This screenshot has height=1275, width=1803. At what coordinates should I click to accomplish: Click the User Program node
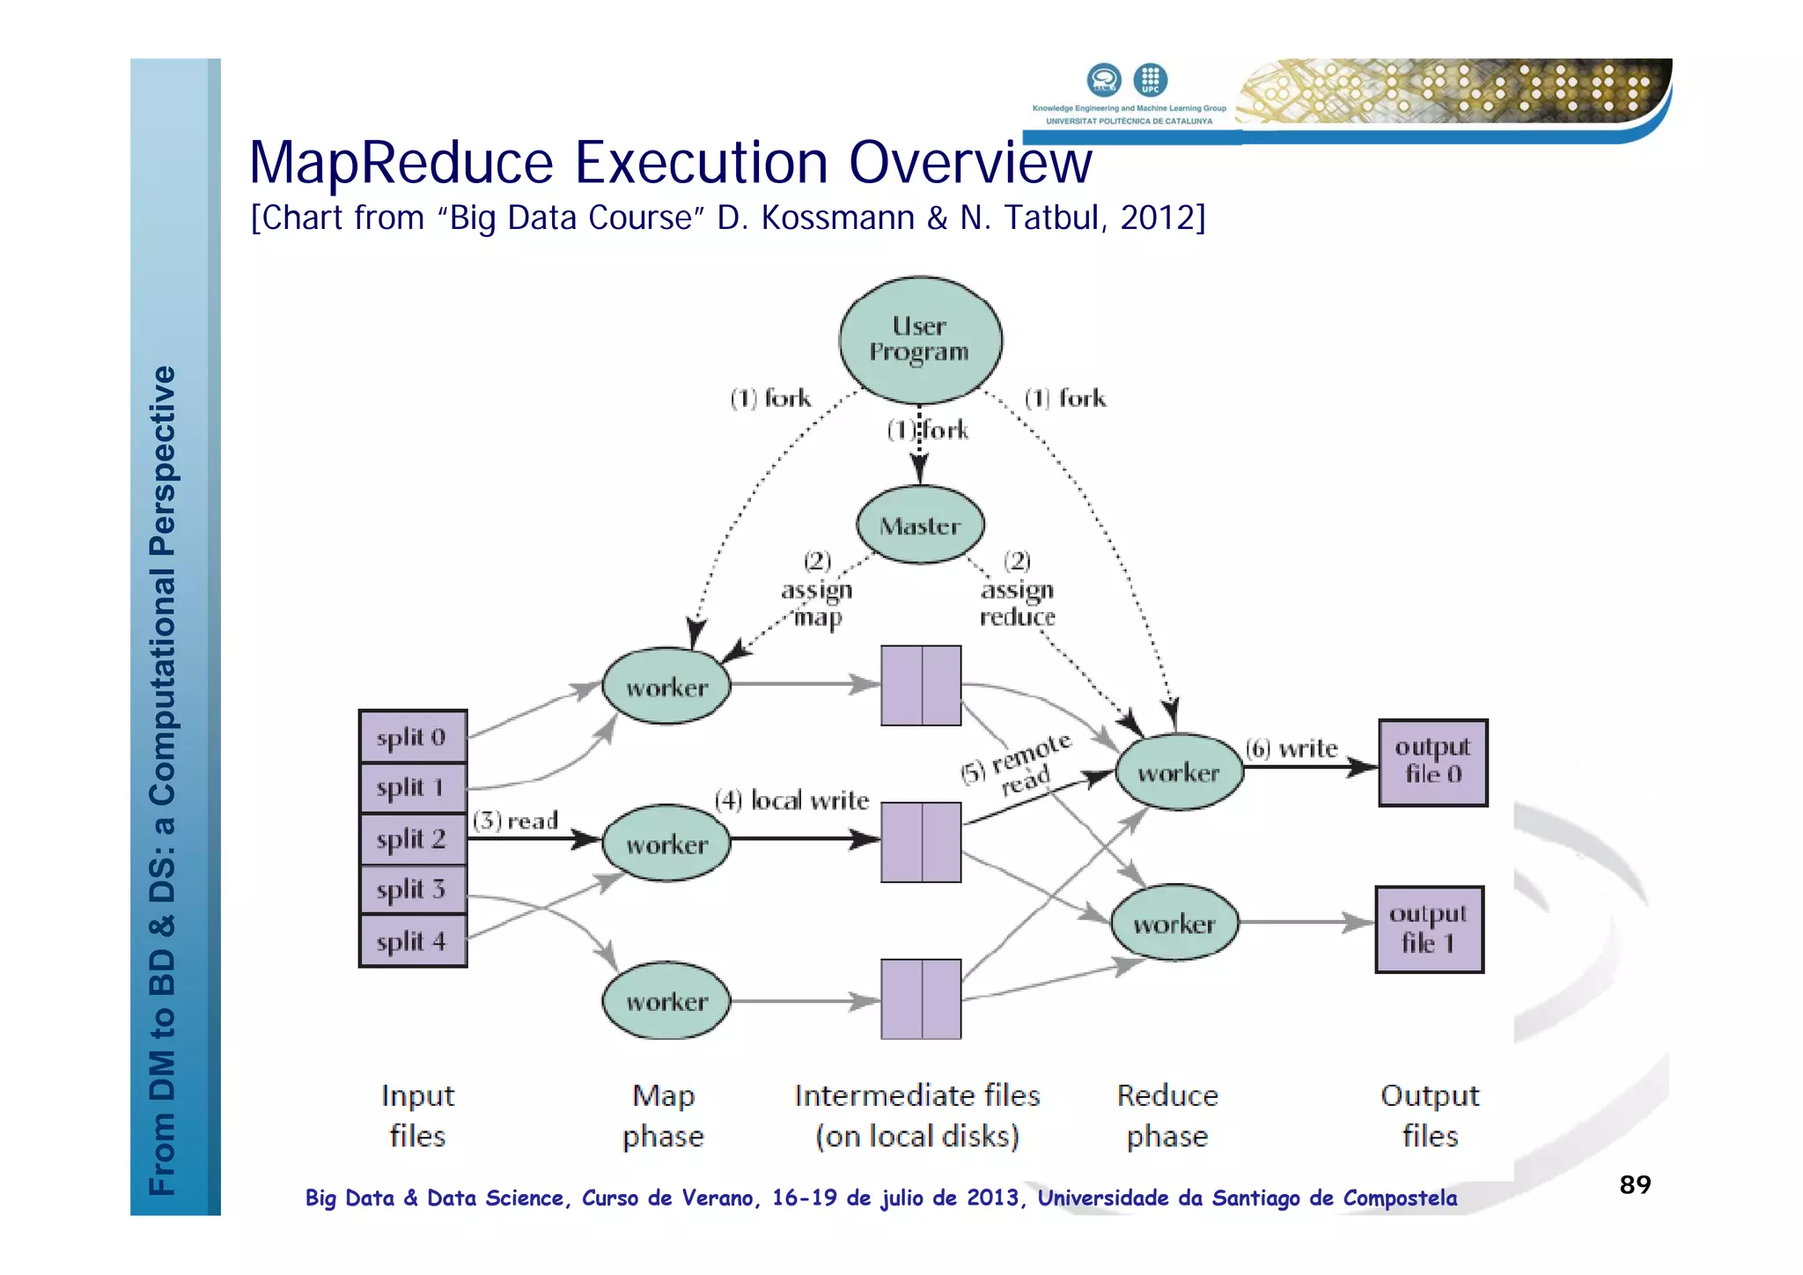point(920,340)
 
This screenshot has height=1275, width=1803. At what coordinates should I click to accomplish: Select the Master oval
point(920,526)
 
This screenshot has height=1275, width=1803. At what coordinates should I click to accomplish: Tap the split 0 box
point(412,737)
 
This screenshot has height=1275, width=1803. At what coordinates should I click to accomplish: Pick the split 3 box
point(412,889)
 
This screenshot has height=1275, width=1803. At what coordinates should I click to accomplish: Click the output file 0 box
point(1432,763)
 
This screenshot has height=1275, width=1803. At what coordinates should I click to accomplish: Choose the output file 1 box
point(1428,929)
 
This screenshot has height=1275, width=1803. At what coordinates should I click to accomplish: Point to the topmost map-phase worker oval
point(666,687)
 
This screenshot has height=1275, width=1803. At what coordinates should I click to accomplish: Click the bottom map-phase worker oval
point(666,1001)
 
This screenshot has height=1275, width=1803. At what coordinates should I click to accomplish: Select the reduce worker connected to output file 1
point(1174,924)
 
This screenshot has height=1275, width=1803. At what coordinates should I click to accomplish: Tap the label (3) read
point(516,821)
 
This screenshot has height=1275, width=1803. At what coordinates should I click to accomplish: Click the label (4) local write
point(791,800)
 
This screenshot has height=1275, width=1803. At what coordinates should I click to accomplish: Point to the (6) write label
point(1292,748)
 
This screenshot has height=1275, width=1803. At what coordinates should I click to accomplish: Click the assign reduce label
point(1018,603)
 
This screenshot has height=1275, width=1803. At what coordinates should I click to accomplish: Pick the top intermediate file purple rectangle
point(921,685)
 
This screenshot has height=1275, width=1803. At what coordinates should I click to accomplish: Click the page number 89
point(1635,1184)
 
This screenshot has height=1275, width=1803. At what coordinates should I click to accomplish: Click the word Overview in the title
point(970,163)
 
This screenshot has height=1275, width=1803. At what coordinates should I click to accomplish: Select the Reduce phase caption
point(1167,1116)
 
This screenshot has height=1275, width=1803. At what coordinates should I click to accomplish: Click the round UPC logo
point(1150,79)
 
